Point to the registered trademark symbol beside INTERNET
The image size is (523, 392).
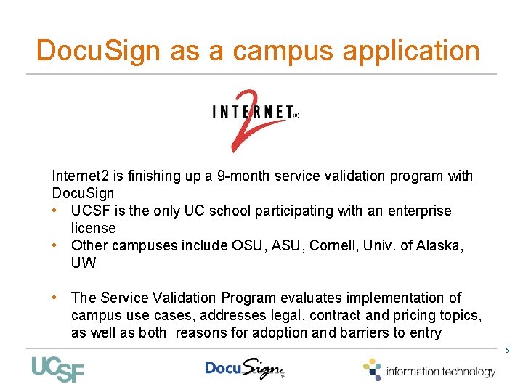296,115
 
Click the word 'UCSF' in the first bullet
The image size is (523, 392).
89,211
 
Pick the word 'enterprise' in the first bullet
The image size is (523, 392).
418,211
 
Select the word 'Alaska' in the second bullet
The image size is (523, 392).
439,245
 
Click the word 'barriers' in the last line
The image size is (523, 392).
365,332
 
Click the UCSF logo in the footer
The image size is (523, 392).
57,369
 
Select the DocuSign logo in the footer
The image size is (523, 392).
245,369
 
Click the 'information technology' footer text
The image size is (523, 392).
441,372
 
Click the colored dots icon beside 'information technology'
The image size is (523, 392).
372,369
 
